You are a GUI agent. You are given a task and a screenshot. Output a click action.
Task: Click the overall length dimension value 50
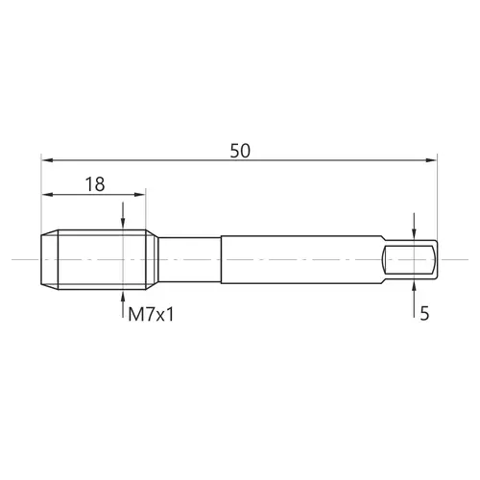point(240,151)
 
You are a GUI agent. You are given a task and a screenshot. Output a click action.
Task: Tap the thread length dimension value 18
point(95,184)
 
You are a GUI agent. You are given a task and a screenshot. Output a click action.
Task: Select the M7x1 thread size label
point(151,314)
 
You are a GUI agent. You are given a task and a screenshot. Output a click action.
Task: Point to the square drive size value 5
point(424,314)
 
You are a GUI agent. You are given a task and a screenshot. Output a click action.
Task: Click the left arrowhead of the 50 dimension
point(47,160)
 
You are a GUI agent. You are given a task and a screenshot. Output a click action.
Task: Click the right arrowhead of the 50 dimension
point(431,160)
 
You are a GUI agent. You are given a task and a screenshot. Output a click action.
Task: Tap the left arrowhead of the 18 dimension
point(47,194)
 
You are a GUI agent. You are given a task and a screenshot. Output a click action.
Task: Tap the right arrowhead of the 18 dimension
point(140,194)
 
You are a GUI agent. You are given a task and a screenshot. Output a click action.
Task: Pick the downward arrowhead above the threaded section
point(123,224)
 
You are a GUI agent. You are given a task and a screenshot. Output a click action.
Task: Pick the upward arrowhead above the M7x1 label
point(123,296)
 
